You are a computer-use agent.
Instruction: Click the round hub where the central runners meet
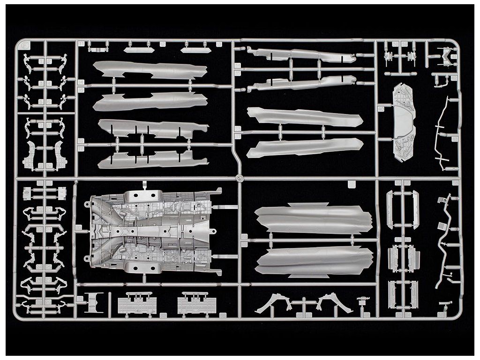(x=239, y=178)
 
